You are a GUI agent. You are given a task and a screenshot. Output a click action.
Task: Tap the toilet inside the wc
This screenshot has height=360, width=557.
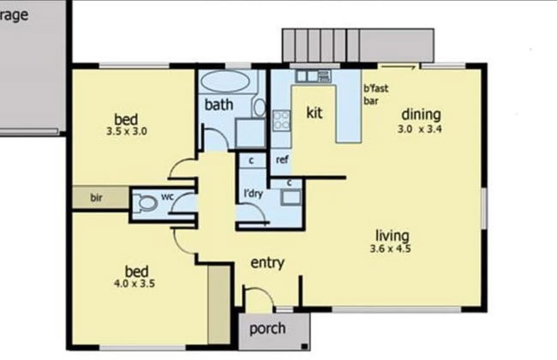[149, 203]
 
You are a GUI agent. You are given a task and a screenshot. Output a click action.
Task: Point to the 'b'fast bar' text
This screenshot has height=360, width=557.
[373, 94]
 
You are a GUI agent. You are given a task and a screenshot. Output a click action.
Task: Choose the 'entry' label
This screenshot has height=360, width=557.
[267, 263]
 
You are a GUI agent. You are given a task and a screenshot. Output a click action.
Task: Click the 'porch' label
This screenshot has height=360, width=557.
[267, 329]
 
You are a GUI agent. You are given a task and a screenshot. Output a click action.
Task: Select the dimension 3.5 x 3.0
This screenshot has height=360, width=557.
[127, 133]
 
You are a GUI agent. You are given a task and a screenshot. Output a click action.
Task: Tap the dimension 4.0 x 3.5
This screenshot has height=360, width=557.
[133, 281]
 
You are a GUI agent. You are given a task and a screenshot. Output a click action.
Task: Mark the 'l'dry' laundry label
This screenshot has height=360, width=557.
[253, 192]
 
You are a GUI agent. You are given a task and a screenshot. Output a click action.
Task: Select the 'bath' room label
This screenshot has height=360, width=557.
[218, 105]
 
